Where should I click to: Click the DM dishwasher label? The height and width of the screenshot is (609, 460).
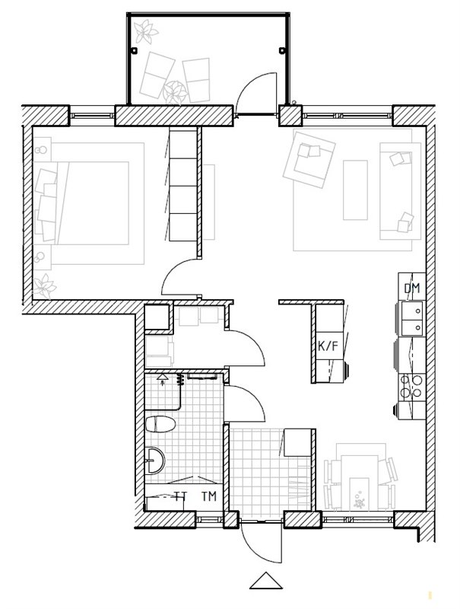[x=412, y=289]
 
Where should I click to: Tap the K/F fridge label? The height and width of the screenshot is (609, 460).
[x=328, y=346]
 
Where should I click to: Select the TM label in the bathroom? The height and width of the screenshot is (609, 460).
[x=209, y=496]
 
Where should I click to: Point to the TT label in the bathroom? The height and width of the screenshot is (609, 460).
[x=180, y=496]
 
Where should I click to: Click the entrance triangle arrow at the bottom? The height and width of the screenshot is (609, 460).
[x=265, y=581]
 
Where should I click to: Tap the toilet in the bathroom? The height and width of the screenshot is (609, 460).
[x=160, y=424]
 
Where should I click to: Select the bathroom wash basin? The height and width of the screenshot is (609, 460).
[x=155, y=461]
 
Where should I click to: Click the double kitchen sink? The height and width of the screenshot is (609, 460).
[x=412, y=318]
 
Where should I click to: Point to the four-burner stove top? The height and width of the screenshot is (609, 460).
[x=412, y=387]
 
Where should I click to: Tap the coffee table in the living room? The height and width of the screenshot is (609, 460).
[x=355, y=190]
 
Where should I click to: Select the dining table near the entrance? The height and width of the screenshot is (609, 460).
[x=360, y=482]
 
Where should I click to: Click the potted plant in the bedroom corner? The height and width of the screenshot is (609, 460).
[x=45, y=286]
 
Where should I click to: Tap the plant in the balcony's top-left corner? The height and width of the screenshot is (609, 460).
[x=145, y=31]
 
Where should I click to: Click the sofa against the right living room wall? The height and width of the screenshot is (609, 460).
[x=400, y=191]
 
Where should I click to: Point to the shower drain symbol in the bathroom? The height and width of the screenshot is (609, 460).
[x=162, y=377]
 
